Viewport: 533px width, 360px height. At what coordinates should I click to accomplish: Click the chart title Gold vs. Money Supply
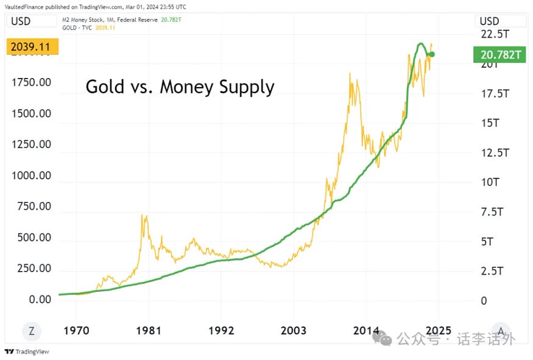(x=180, y=86)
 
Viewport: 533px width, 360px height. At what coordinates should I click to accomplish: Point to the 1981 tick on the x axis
(x=148, y=331)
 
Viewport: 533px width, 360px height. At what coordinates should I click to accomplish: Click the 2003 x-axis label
(x=294, y=331)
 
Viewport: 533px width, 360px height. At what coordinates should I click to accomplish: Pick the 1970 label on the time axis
(x=76, y=331)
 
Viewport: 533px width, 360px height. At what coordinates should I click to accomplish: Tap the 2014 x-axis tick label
(x=366, y=331)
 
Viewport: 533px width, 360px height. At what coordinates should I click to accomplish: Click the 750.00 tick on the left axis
(x=31, y=206)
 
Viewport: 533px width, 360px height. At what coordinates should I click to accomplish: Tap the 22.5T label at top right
(x=494, y=34)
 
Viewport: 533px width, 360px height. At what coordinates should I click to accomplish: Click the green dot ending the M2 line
(x=431, y=55)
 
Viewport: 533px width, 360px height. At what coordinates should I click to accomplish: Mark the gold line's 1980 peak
(x=144, y=215)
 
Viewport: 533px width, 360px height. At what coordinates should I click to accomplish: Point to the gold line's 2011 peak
(x=350, y=74)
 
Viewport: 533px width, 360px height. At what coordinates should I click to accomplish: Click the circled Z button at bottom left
(x=32, y=331)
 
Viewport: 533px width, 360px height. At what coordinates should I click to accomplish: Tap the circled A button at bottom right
(x=500, y=331)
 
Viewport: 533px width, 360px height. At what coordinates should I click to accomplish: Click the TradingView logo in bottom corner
(x=27, y=351)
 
